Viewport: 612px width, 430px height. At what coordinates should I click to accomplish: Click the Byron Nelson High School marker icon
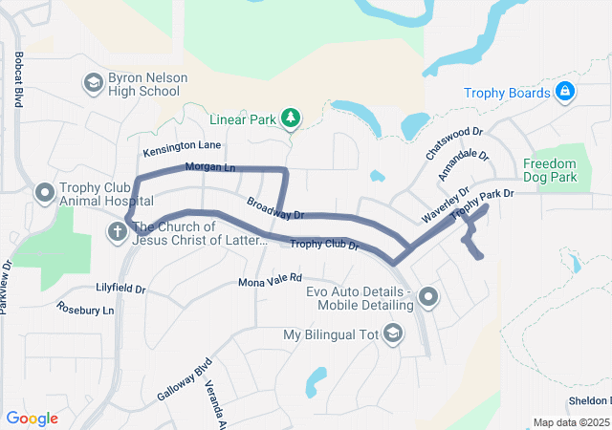tap(93, 83)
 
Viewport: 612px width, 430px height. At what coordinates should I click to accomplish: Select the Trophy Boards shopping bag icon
tap(565, 93)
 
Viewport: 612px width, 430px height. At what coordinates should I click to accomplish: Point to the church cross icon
tap(117, 231)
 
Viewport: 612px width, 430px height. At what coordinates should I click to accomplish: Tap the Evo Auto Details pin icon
tap(427, 298)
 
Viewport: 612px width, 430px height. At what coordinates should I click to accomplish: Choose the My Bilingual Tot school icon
tap(392, 334)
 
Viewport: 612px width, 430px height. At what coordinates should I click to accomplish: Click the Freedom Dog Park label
tap(550, 170)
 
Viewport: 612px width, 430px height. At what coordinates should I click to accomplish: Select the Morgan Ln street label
tap(209, 168)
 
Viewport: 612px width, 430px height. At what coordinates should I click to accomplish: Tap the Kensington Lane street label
tap(182, 147)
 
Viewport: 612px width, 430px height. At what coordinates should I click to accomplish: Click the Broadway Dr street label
tap(274, 207)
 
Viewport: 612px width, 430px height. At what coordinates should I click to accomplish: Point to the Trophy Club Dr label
tap(324, 246)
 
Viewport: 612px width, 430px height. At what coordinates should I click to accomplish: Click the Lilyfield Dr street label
tap(120, 288)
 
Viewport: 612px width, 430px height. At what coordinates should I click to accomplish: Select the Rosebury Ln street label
tap(85, 309)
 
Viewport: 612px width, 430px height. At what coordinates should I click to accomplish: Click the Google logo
tap(33, 419)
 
